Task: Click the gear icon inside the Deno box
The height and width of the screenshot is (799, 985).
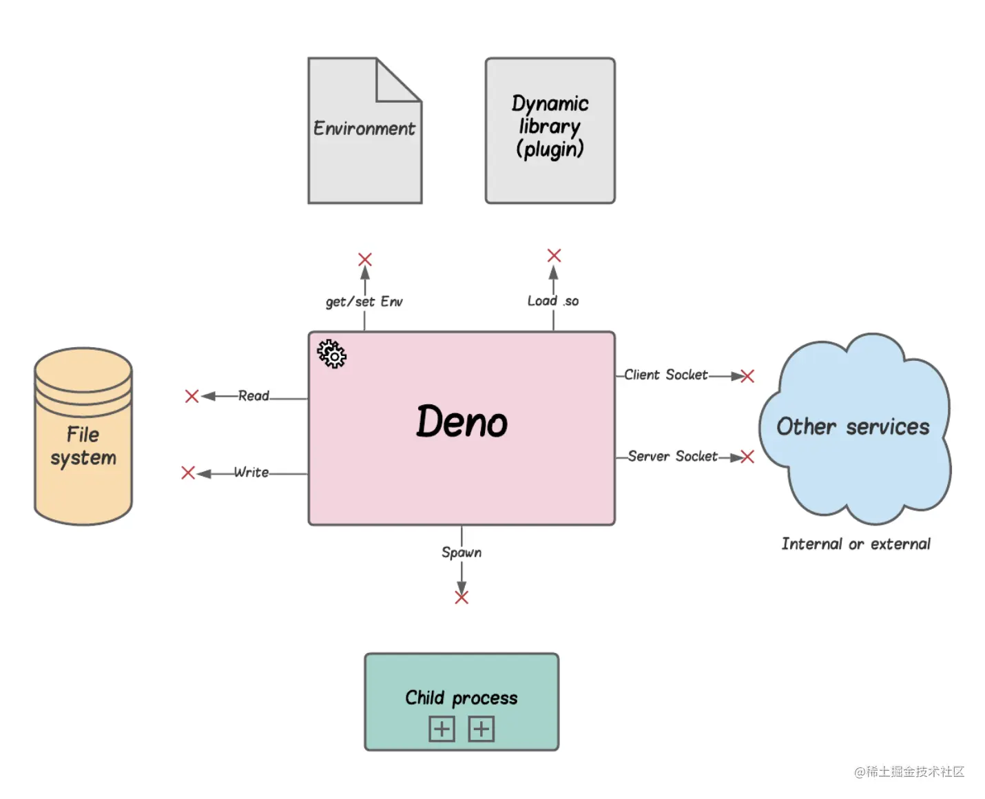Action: [x=332, y=354]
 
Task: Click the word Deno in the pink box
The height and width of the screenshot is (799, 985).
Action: [x=462, y=422]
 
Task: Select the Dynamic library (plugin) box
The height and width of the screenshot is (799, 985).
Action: [x=550, y=130]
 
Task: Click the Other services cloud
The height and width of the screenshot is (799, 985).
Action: [x=854, y=427]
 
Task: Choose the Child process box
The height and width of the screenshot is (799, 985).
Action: [x=462, y=701]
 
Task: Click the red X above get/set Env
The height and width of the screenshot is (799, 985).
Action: [x=365, y=260]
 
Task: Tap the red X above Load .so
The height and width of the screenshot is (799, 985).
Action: [x=554, y=256]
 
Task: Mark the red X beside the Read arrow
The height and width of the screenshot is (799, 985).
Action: [x=192, y=396]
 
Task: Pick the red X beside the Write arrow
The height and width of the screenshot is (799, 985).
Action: [x=188, y=473]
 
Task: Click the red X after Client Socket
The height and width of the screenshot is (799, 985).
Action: [x=747, y=376]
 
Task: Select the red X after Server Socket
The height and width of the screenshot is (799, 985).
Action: [x=747, y=457]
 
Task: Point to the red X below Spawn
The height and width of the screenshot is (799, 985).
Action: [x=462, y=597]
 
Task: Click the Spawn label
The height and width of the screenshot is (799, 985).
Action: [x=462, y=552]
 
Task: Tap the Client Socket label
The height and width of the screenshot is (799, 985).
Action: [x=665, y=375]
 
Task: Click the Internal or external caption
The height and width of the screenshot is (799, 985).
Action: [x=856, y=544]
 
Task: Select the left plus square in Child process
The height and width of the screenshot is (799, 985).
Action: [x=442, y=729]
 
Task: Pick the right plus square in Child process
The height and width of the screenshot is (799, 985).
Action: [x=481, y=729]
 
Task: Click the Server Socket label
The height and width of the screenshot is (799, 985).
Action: [x=672, y=456]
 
